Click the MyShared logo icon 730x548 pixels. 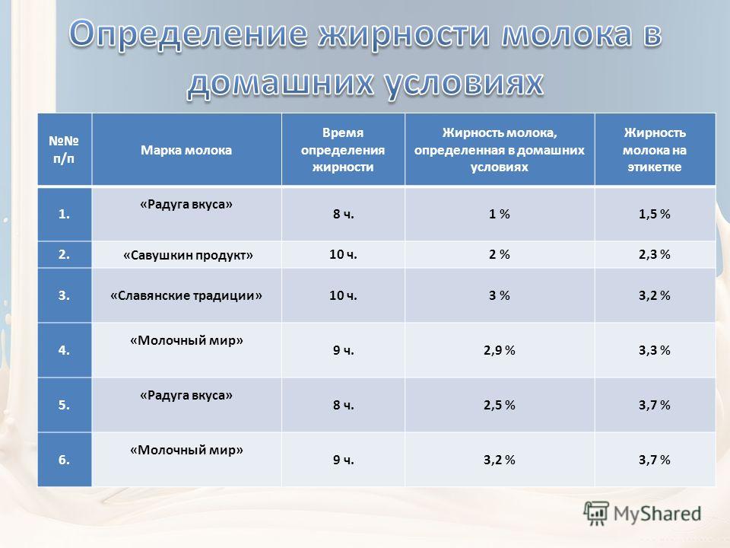(x=596, y=514)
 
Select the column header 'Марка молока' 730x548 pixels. (x=186, y=150)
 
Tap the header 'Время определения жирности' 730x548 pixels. (x=343, y=150)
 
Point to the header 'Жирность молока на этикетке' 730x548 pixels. (x=655, y=150)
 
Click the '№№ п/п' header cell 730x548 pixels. (x=64, y=150)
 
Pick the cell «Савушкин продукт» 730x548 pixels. (x=188, y=255)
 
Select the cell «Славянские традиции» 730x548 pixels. (x=186, y=295)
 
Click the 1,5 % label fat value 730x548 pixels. (x=655, y=214)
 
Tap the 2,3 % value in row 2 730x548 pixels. (x=655, y=254)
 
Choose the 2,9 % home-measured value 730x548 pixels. (x=499, y=350)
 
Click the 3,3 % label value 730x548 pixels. (x=655, y=350)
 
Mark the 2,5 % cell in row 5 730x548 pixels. (x=499, y=405)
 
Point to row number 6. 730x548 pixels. (x=64, y=460)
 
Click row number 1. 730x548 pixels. (x=64, y=214)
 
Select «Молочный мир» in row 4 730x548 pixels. (x=187, y=341)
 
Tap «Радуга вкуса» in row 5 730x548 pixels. (x=186, y=396)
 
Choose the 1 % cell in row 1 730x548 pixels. (x=499, y=214)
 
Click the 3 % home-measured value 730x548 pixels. (x=499, y=295)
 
